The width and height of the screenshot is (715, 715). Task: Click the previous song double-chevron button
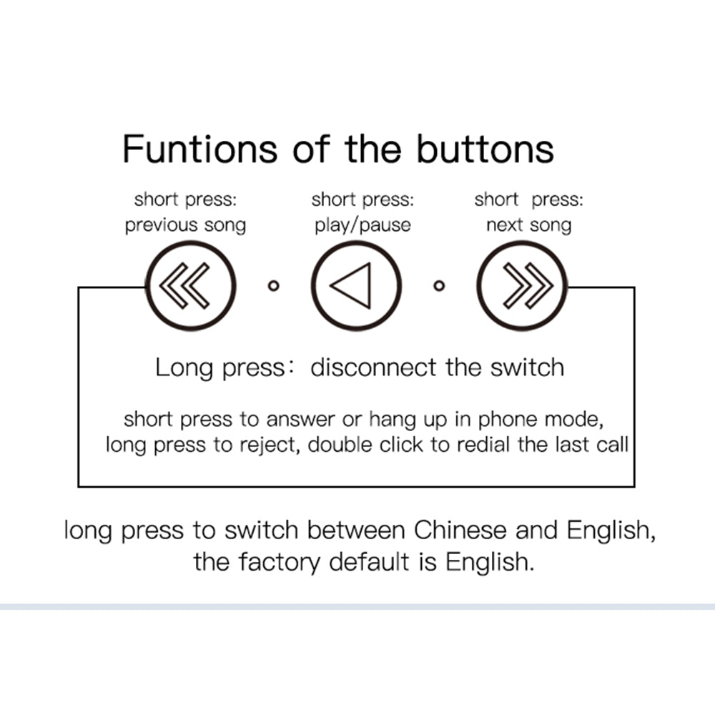[x=191, y=285]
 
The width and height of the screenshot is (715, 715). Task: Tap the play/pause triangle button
[x=356, y=285]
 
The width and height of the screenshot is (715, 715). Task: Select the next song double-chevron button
[x=522, y=285]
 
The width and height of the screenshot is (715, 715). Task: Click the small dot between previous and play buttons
[x=274, y=286]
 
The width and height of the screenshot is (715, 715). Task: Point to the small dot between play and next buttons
[x=439, y=286]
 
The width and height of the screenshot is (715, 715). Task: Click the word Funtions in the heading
[x=199, y=149]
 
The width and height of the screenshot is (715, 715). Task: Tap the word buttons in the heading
[x=485, y=149]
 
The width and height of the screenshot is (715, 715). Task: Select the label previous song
[x=186, y=225]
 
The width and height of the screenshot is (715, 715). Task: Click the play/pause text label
[x=363, y=225]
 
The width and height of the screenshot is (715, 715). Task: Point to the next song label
[x=529, y=225]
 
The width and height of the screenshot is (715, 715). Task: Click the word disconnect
[x=373, y=368]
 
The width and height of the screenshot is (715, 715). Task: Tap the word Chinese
[x=460, y=531]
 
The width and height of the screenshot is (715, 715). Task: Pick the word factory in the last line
[x=280, y=562]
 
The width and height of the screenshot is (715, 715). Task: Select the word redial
[x=483, y=445]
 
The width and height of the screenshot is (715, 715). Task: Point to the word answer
[x=300, y=420]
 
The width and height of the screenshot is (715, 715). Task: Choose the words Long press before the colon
[x=220, y=368]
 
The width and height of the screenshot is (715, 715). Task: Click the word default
[x=370, y=562]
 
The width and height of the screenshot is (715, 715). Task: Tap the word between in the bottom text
[x=356, y=531]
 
